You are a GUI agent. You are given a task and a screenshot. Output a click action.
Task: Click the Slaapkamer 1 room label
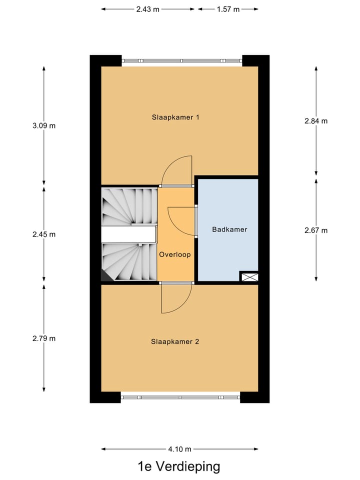click(175, 117)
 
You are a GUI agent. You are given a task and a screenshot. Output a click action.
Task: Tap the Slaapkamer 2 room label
click(175, 342)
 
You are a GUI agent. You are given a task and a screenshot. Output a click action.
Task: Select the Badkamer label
click(229, 230)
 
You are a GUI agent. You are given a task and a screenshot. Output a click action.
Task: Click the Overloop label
click(175, 254)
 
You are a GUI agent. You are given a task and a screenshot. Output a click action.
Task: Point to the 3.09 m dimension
click(44, 126)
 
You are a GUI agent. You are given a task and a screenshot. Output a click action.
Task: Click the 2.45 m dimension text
click(44, 234)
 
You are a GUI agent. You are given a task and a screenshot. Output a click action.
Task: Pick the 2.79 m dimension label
click(44, 338)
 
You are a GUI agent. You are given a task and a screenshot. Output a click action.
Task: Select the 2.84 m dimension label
click(316, 121)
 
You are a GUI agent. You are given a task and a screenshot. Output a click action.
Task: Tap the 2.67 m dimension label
click(316, 230)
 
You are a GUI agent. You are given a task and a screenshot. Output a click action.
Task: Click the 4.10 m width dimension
click(180, 449)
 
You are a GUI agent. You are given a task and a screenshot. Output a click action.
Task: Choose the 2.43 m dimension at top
click(147, 9)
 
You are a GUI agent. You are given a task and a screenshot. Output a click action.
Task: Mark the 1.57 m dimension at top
click(228, 9)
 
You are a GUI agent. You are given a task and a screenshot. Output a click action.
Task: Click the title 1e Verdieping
click(179, 467)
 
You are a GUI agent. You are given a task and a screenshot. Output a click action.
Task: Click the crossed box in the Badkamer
click(249, 276)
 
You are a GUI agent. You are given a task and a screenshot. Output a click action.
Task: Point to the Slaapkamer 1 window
click(182, 60)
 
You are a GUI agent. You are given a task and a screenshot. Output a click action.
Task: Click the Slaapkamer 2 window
click(180, 397)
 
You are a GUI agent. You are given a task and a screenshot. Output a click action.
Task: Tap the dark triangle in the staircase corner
click(105, 275)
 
